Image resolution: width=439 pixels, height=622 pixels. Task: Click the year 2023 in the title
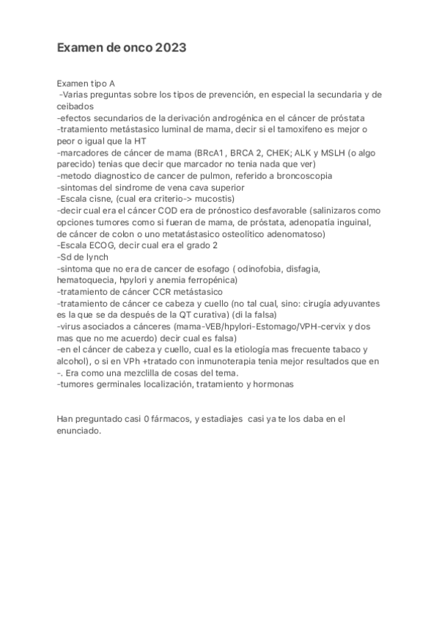click(171, 48)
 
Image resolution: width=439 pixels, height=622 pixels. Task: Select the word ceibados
click(76, 106)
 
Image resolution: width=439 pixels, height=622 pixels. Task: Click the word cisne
click(100, 199)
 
